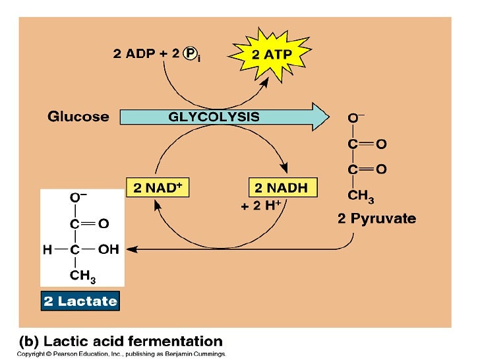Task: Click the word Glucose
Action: [x=78, y=117]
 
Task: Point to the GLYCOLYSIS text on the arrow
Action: [x=214, y=117]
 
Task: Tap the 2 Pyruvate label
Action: [x=376, y=219]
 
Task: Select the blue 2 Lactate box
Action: [x=80, y=302]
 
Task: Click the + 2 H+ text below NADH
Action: [x=260, y=206]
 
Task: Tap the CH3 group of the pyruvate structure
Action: [x=360, y=196]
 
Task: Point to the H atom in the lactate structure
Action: [x=47, y=250]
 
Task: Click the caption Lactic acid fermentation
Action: [x=120, y=342]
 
